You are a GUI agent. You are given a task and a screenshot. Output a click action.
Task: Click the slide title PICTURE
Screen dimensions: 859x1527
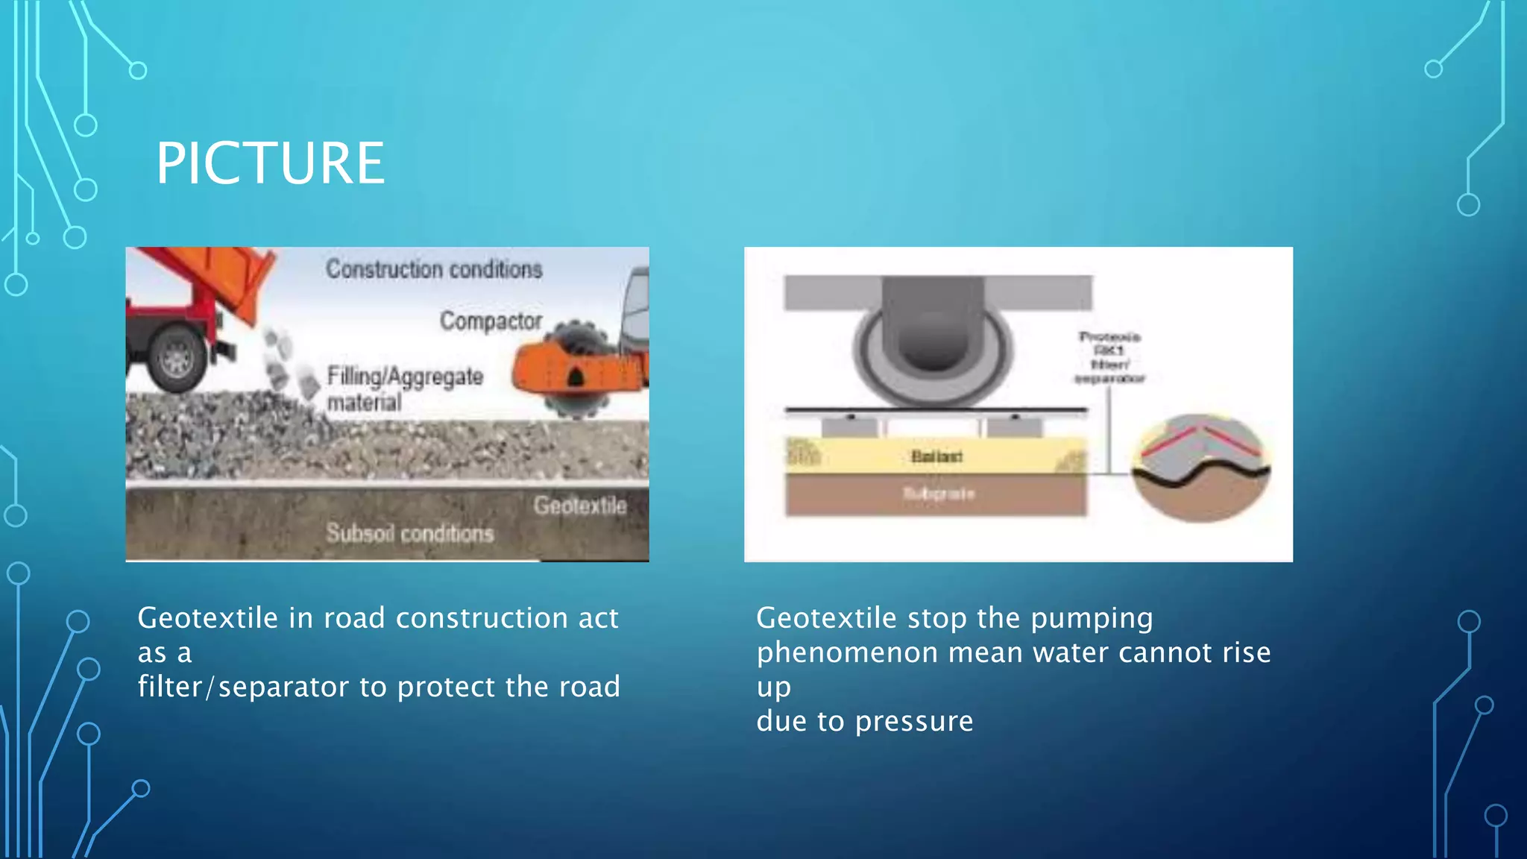point(270,163)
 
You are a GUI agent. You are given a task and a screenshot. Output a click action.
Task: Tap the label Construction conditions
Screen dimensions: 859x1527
point(433,269)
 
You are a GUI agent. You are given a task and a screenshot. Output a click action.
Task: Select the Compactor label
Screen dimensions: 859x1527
point(491,321)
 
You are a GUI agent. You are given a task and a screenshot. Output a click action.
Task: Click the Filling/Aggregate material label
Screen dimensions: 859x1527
point(404,388)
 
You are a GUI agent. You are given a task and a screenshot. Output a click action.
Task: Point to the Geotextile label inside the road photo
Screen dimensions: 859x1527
point(579,506)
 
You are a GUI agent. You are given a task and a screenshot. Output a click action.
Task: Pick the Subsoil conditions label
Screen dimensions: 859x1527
point(409,533)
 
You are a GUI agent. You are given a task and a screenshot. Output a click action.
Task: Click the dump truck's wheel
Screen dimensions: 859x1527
point(177,359)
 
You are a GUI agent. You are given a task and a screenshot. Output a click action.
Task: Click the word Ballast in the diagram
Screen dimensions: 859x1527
point(936,456)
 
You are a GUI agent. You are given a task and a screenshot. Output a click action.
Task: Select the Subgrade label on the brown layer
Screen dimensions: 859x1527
point(939,493)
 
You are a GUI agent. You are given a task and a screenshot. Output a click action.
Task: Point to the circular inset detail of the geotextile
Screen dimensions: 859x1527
point(1200,468)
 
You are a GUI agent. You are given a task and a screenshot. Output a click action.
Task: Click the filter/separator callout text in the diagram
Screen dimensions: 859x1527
point(1109,358)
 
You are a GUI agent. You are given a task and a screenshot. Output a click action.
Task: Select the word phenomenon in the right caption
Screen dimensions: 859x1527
point(847,653)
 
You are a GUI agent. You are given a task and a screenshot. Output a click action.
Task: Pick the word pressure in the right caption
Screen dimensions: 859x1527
point(913,722)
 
